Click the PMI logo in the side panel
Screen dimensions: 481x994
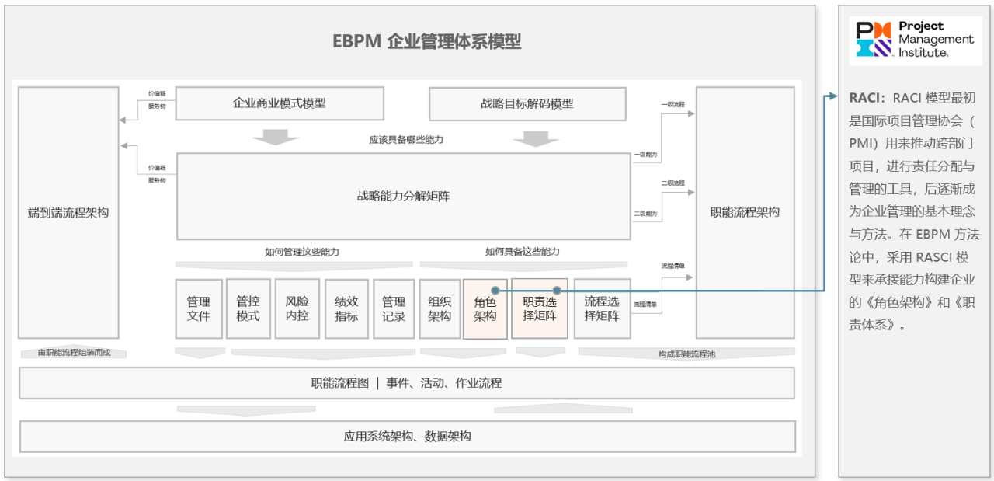click(x=915, y=39)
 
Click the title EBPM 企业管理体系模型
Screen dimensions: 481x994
click(x=426, y=42)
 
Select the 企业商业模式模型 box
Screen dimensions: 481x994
click(x=280, y=103)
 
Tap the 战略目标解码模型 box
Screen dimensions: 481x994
click(x=527, y=103)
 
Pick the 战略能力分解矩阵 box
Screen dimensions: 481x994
click(x=403, y=196)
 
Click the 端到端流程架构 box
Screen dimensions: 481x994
click(x=68, y=212)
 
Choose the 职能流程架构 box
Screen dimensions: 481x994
click(x=745, y=212)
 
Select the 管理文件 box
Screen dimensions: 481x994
click(x=199, y=308)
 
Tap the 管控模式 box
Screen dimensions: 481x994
click(x=248, y=308)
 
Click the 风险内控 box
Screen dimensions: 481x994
click(x=297, y=308)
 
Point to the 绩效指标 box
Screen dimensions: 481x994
click(x=346, y=308)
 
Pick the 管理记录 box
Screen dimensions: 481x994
click(x=394, y=308)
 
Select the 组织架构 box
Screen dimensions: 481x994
click(x=440, y=308)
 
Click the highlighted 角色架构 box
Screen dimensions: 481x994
click(x=485, y=308)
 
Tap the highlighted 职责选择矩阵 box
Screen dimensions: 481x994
click(x=539, y=308)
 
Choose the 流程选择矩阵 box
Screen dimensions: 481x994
click(x=602, y=308)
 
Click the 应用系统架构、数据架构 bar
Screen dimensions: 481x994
click(x=407, y=436)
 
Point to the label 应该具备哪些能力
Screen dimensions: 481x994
click(x=406, y=140)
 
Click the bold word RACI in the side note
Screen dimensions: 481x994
click(x=867, y=97)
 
